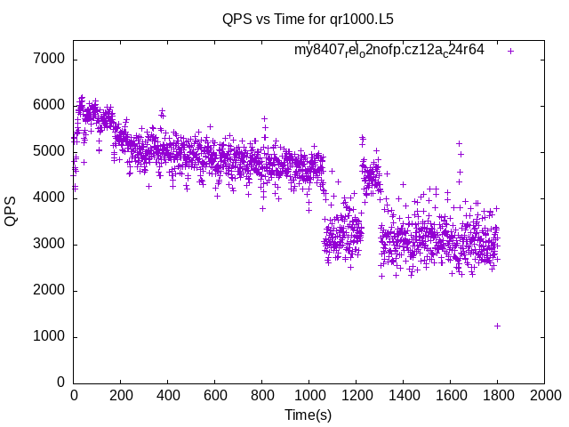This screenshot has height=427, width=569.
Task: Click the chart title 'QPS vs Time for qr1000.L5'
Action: click(x=308, y=18)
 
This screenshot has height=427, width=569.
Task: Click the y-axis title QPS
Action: click(x=12, y=211)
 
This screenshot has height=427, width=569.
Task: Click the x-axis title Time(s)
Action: click(x=308, y=415)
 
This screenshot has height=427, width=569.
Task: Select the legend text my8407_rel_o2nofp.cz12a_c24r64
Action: click(x=389, y=50)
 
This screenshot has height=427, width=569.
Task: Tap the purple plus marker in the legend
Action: click(x=510, y=51)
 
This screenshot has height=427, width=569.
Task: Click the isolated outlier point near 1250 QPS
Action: click(x=497, y=326)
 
